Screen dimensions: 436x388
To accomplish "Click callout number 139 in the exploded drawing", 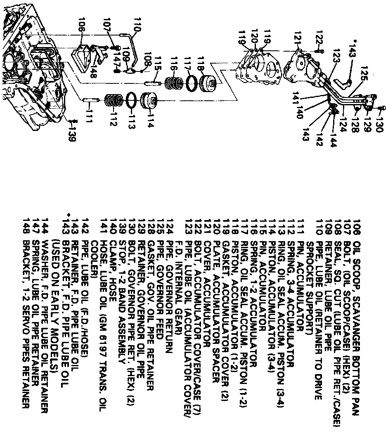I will [72, 133].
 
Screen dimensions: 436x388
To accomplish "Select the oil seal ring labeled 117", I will [192, 83].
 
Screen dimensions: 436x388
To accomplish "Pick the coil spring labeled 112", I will [113, 101].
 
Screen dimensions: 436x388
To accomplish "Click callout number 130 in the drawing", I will [379, 123].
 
